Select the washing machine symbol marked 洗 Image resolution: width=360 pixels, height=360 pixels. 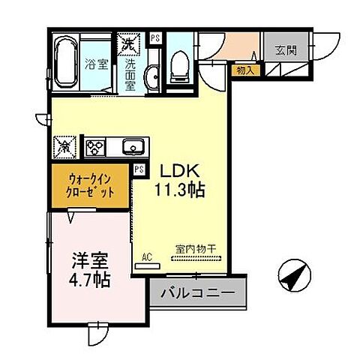127,43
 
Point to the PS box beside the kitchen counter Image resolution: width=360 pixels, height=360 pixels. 139,169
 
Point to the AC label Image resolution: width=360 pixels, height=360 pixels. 148,256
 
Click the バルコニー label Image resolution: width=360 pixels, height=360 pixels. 198,291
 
